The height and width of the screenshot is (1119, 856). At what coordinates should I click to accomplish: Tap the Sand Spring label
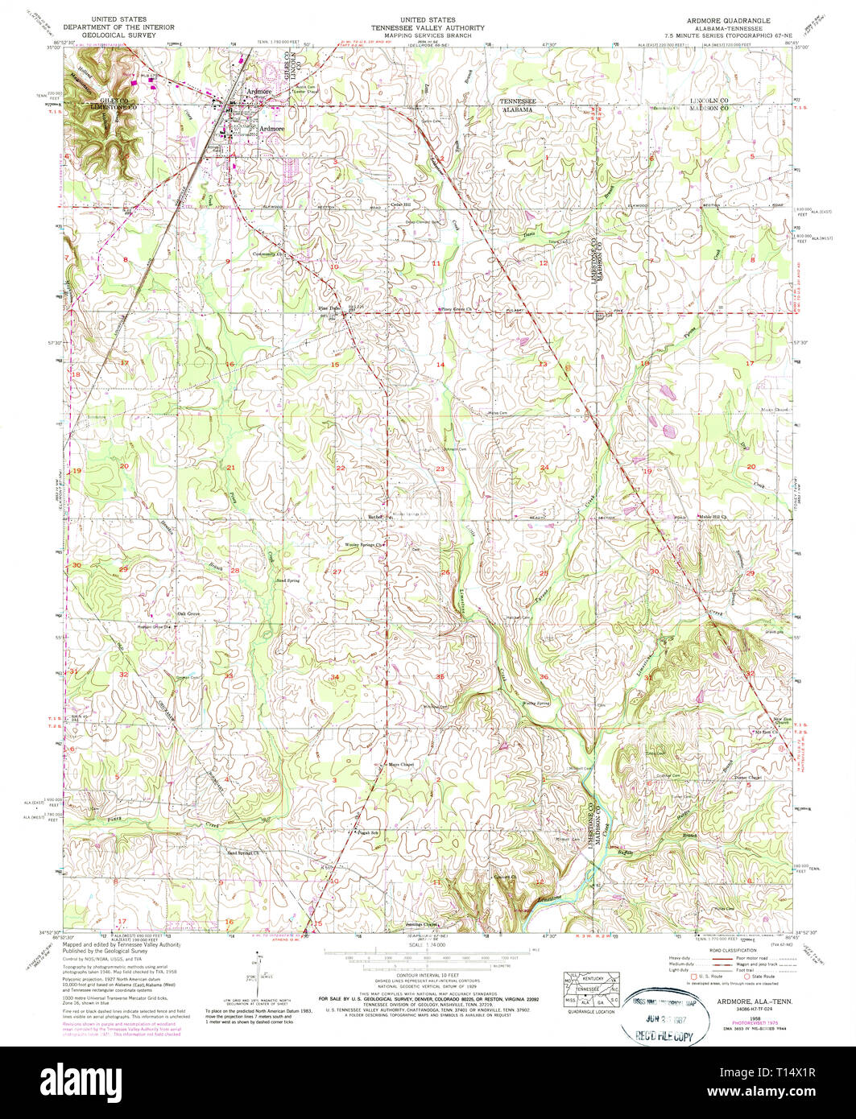click(287, 579)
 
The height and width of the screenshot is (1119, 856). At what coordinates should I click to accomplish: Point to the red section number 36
click(544, 676)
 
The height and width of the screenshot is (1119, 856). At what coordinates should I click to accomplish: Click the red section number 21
click(230, 468)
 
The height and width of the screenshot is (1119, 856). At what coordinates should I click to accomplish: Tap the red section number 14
click(440, 365)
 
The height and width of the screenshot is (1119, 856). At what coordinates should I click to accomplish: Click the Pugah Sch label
click(368, 832)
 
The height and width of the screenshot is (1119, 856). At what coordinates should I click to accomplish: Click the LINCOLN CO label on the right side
click(709, 100)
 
